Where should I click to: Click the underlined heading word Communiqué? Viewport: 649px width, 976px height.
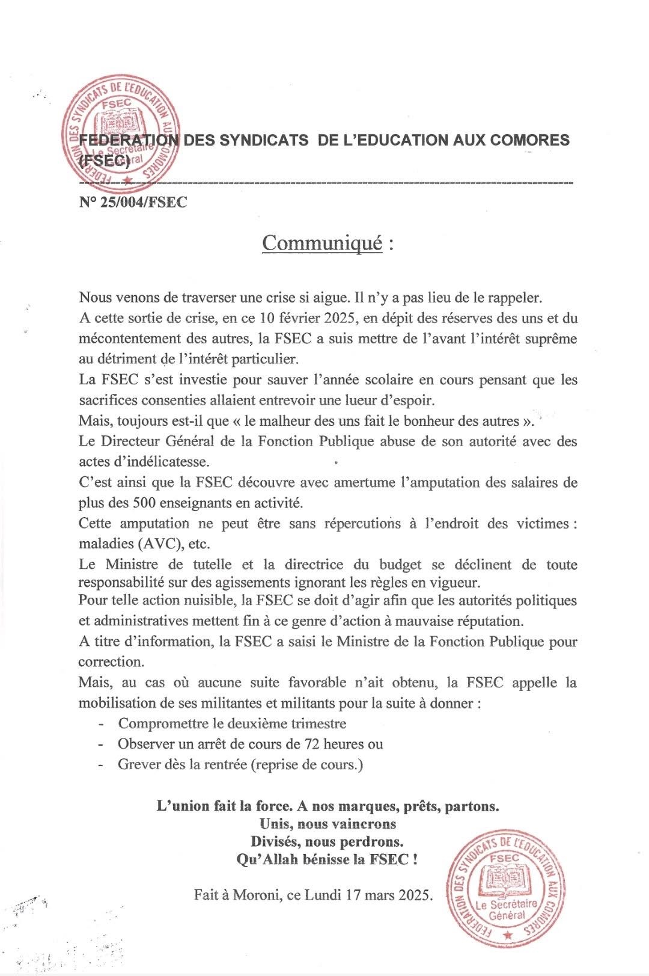click(x=322, y=243)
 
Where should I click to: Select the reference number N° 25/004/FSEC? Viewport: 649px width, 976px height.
click(x=133, y=202)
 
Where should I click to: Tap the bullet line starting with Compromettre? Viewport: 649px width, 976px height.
click(x=232, y=723)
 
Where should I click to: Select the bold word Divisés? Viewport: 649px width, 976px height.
click(x=276, y=841)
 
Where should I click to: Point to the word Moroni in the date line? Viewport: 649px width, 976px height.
click(x=257, y=894)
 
